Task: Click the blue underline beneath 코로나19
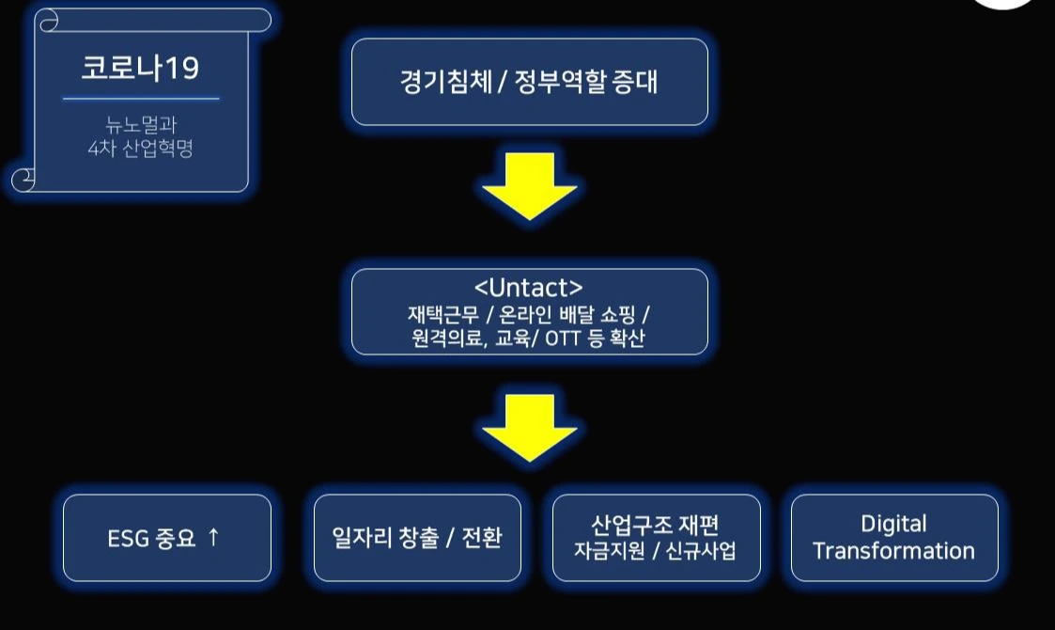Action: click(x=141, y=98)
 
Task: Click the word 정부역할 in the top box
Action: click(x=558, y=83)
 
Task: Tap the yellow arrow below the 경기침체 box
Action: click(x=529, y=185)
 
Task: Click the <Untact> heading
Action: click(x=529, y=287)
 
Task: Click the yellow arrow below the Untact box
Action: click(x=529, y=427)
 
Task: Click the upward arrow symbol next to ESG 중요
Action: click(x=213, y=537)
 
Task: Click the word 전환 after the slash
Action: click(x=480, y=538)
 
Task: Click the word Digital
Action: click(x=893, y=525)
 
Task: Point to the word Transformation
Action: click(x=893, y=551)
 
